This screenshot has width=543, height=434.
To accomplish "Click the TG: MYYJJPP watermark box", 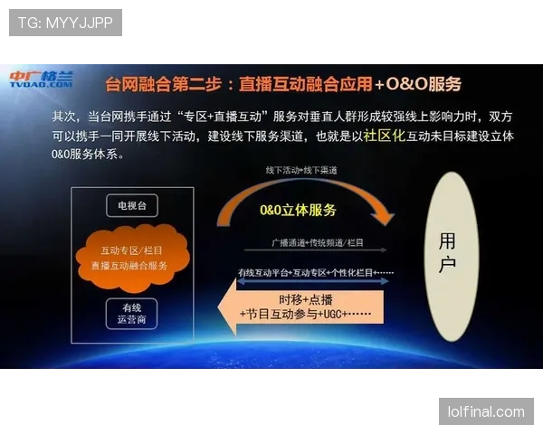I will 65,22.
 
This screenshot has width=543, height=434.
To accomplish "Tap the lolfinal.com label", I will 485,411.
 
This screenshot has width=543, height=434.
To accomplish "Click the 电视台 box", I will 132,205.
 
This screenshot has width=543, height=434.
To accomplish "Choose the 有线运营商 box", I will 132,313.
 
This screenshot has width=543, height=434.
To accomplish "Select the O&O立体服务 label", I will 298,210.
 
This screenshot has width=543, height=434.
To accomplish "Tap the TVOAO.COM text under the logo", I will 41,86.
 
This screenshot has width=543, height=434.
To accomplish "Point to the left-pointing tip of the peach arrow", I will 221,307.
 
